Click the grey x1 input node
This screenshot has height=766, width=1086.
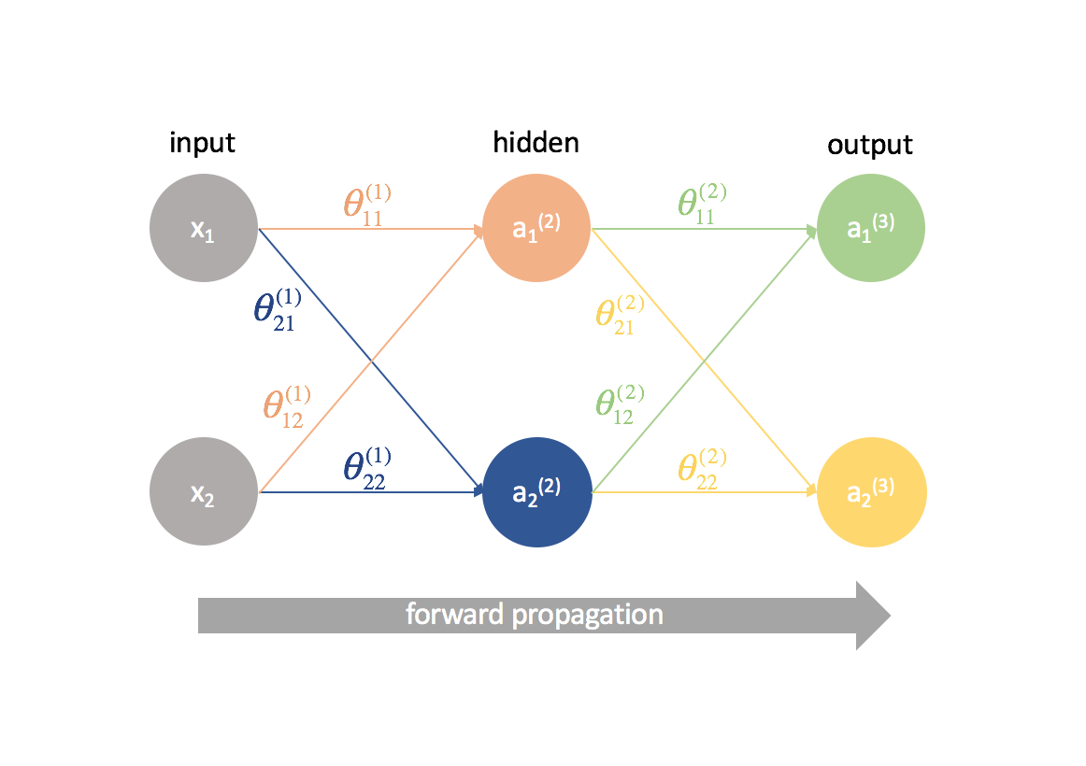(204, 229)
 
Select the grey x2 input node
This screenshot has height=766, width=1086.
(204, 491)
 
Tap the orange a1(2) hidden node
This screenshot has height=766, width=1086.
(536, 229)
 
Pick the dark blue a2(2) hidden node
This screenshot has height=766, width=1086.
(536, 491)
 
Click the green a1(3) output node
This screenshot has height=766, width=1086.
(870, 229)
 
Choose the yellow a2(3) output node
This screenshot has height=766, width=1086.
(871, 491)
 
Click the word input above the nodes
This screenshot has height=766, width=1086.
(202, 143)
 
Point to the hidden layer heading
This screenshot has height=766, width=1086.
(536, 142)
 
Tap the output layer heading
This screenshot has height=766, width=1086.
(870, 146)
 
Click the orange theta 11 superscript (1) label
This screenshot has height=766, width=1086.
(365, 203)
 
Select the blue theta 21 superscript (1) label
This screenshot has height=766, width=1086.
(278, 307)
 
